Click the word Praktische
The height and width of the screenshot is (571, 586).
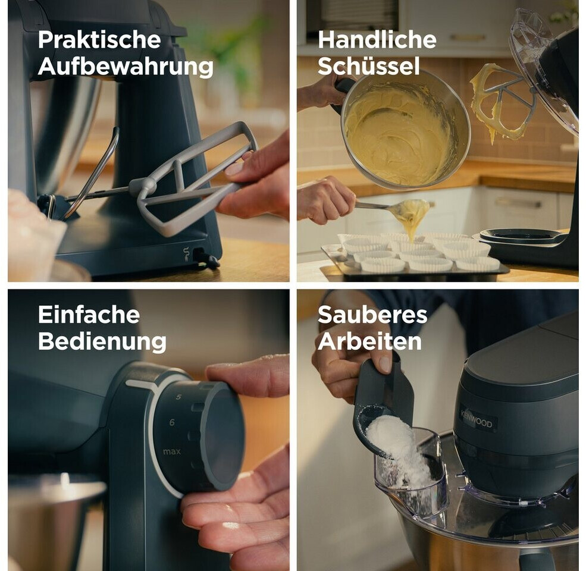[x=99, y=40]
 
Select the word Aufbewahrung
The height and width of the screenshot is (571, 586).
[x=126, y=67]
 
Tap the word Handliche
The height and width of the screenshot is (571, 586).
[x=377, y=40]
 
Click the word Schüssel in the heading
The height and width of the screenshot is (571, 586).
[x=368, y=67]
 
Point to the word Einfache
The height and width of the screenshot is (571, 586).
[x=89, y=315]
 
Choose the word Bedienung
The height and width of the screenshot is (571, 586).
[x=102, y=342]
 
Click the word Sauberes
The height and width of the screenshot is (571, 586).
[x=372, y=315]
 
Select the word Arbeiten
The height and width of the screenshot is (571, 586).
[x=369, y=341]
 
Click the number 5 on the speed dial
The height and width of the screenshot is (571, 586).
[x=178, y=397]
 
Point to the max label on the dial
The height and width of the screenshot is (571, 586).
[x=172, y=452]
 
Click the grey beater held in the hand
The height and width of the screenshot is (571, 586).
[x=195, y=180]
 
